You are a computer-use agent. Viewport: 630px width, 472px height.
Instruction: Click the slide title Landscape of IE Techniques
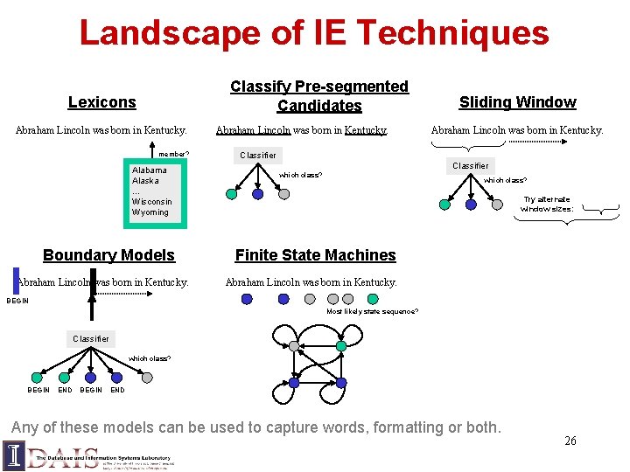click(314, 33)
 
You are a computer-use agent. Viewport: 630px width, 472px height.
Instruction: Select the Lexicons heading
click(102, 102)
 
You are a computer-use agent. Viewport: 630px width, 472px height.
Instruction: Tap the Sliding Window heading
click(517, 102)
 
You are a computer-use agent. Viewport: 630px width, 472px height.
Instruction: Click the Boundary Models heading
click(108, 255)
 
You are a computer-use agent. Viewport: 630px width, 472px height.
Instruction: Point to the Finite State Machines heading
click(315, 255)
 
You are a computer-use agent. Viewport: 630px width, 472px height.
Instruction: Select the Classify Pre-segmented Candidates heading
click(318, 96)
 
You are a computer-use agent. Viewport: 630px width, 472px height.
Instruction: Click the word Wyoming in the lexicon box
click(150, 212)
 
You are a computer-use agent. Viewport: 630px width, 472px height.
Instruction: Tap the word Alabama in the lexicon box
click(150, 170)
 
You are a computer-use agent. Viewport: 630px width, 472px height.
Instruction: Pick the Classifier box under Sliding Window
click(470, 165)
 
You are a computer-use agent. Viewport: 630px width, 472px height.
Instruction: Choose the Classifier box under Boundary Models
click(91, 338)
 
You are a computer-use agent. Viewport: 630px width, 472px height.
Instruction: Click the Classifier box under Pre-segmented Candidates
click(258, 156)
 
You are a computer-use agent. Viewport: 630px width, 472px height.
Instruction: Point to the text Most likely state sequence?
click(372, 311)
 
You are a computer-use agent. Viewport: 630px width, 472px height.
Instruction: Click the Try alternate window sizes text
click(547, 205)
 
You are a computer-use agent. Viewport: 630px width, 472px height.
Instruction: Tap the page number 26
click(570, 441)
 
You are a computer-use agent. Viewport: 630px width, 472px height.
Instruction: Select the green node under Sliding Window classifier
click(445, 205)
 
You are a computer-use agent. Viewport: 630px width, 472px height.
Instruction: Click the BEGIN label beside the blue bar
click(17, 301)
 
